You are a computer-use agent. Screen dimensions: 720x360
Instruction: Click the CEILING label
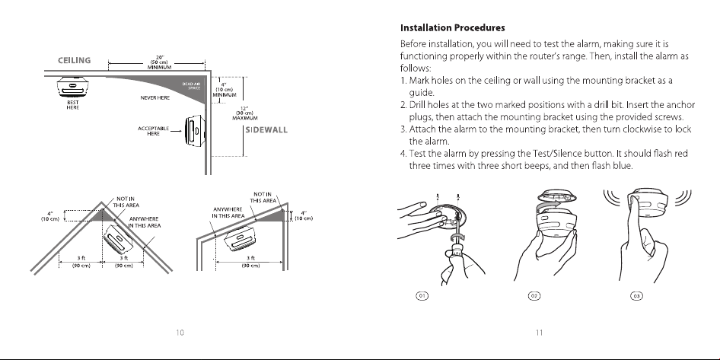[75, 60]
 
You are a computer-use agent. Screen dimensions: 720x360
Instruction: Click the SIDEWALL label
[266, 130]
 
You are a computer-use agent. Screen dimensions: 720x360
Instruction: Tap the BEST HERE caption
[72, 105]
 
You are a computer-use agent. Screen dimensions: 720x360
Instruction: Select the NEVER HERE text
[155, 98]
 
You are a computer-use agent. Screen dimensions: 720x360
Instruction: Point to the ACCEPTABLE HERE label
[154, 131]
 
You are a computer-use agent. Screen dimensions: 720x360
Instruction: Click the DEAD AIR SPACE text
[192, 86]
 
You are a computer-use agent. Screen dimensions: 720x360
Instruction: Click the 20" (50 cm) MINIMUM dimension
[159, 62]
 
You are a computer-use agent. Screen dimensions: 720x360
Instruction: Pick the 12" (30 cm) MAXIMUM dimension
[245, 113]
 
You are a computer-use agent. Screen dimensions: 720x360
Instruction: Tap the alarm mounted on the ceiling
[73, 86]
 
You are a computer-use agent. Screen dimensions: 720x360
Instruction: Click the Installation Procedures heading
[452, 28]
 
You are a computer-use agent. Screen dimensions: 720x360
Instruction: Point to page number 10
[180, 333]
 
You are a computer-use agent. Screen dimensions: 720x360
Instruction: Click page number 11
[539, 333]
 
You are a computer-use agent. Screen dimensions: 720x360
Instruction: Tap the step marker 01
[422, 296]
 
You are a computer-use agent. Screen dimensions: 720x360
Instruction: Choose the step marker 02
[534, 296]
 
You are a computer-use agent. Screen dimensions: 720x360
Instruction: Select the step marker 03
[636, 296]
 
